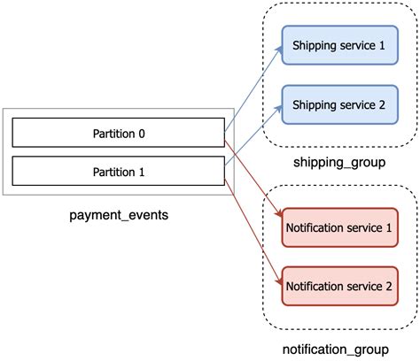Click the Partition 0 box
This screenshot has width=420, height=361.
[x=118, y=133]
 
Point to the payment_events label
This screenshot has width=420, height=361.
[x=118, y=215]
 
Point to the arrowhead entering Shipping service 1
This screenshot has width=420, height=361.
[x=278, y=47]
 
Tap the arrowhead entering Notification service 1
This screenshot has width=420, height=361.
[x=278, y=214]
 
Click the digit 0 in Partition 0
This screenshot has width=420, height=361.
[x=143, y=133]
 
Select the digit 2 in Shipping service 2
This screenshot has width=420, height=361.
[x=381, y=104]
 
